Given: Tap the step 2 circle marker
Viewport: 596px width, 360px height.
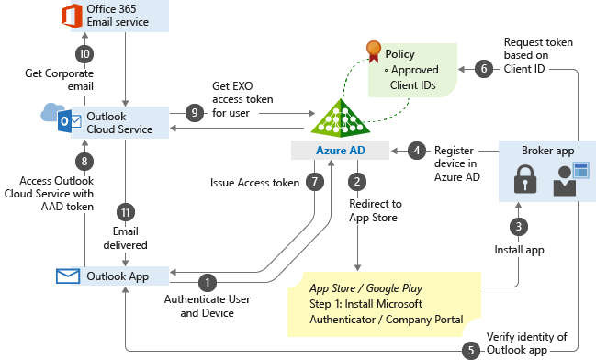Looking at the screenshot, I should [x=357, y=182].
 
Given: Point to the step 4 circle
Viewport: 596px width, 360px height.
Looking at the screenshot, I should [x=417, y=149].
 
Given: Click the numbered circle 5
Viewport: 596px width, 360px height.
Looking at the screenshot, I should [x=471, y=349].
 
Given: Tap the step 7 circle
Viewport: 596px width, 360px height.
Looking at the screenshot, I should [x=314, y=182].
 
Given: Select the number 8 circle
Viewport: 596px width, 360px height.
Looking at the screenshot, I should [x=84, y=160].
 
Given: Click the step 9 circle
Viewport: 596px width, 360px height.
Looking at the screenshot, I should [x=193, y=112].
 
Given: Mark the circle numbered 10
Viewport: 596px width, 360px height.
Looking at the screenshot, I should [x=84, y=54].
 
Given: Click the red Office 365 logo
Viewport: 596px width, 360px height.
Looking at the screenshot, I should [x=71, y=16].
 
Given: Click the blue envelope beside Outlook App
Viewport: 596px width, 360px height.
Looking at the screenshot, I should [x=67, y=276].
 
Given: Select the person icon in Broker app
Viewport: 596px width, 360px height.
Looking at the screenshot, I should [x=564, y=180].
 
